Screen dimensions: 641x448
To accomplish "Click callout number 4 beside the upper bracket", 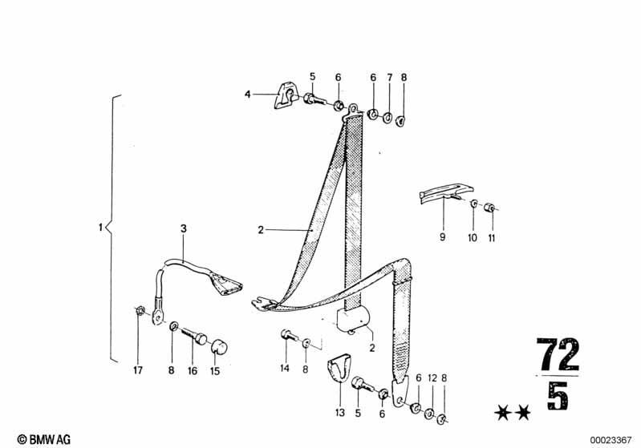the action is [x=247, y=95].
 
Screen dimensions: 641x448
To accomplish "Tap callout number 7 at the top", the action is [x=390, y=78].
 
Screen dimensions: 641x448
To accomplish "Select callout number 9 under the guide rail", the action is [x=442, y=237].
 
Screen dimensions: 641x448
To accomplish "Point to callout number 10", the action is [x=473, y=237].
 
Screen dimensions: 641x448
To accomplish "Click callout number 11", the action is [x=491, y=237].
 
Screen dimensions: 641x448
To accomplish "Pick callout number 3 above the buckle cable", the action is [x=184, y=228].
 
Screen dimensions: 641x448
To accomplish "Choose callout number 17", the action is [x=138, y=370].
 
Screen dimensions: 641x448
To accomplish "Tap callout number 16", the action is [x=192, y=371].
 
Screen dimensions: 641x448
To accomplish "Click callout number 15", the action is [x=215, y=371].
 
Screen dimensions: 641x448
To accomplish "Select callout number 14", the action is [x=285, y=368].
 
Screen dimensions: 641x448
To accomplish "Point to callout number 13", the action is [x=340, y=413].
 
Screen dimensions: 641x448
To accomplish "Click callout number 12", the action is [x=432, y=378].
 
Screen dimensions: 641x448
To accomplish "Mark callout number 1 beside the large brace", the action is [x=100, y=227].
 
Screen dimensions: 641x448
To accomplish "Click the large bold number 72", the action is [x=558, y=354].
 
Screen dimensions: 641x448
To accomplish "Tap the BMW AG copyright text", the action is [x=44, y=439].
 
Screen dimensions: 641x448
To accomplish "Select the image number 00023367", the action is [x=611, y=440].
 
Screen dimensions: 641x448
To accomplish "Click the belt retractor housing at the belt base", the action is [x=353, y=318].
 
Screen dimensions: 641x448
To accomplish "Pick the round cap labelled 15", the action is [x=219, y=347].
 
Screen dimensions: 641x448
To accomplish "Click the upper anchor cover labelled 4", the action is [x=286, y=96].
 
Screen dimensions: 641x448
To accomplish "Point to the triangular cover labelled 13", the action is [x=339, y=368].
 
